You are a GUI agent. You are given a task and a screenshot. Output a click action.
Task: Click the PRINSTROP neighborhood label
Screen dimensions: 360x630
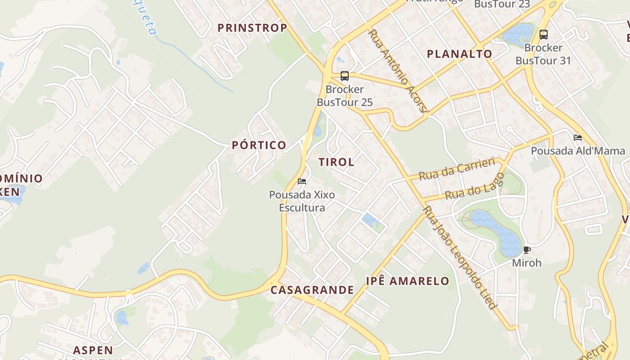coord(252,28)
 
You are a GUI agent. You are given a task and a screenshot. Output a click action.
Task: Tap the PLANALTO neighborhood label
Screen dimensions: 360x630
coord(459,54)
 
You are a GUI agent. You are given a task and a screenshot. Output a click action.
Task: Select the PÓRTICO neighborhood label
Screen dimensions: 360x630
coord(259,145)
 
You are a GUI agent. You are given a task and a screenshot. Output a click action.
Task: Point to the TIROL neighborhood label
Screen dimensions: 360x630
coord(336,162)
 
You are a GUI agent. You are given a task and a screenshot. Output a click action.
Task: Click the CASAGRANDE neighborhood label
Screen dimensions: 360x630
coord(312,290)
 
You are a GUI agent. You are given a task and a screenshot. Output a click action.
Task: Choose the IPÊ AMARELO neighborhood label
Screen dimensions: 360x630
coord(407,281)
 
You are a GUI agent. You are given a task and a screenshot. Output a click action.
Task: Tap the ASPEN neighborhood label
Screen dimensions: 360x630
coord(93,350)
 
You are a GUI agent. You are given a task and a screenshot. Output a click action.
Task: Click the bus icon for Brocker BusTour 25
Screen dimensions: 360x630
coord(345,76)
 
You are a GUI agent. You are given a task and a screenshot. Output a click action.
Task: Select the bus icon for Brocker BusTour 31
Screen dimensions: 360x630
coord(544,34)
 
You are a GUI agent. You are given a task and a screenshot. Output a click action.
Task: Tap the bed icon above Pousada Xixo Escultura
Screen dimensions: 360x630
coord(302,181)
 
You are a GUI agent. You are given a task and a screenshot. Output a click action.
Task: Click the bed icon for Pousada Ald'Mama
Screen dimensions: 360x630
coord(578,138)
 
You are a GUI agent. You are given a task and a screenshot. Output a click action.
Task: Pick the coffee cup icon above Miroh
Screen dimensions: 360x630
coord(527,250)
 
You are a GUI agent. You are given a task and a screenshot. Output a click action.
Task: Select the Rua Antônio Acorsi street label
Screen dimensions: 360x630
coord(399,71)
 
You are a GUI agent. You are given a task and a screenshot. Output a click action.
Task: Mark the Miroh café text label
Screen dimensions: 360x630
coord(527,262)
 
